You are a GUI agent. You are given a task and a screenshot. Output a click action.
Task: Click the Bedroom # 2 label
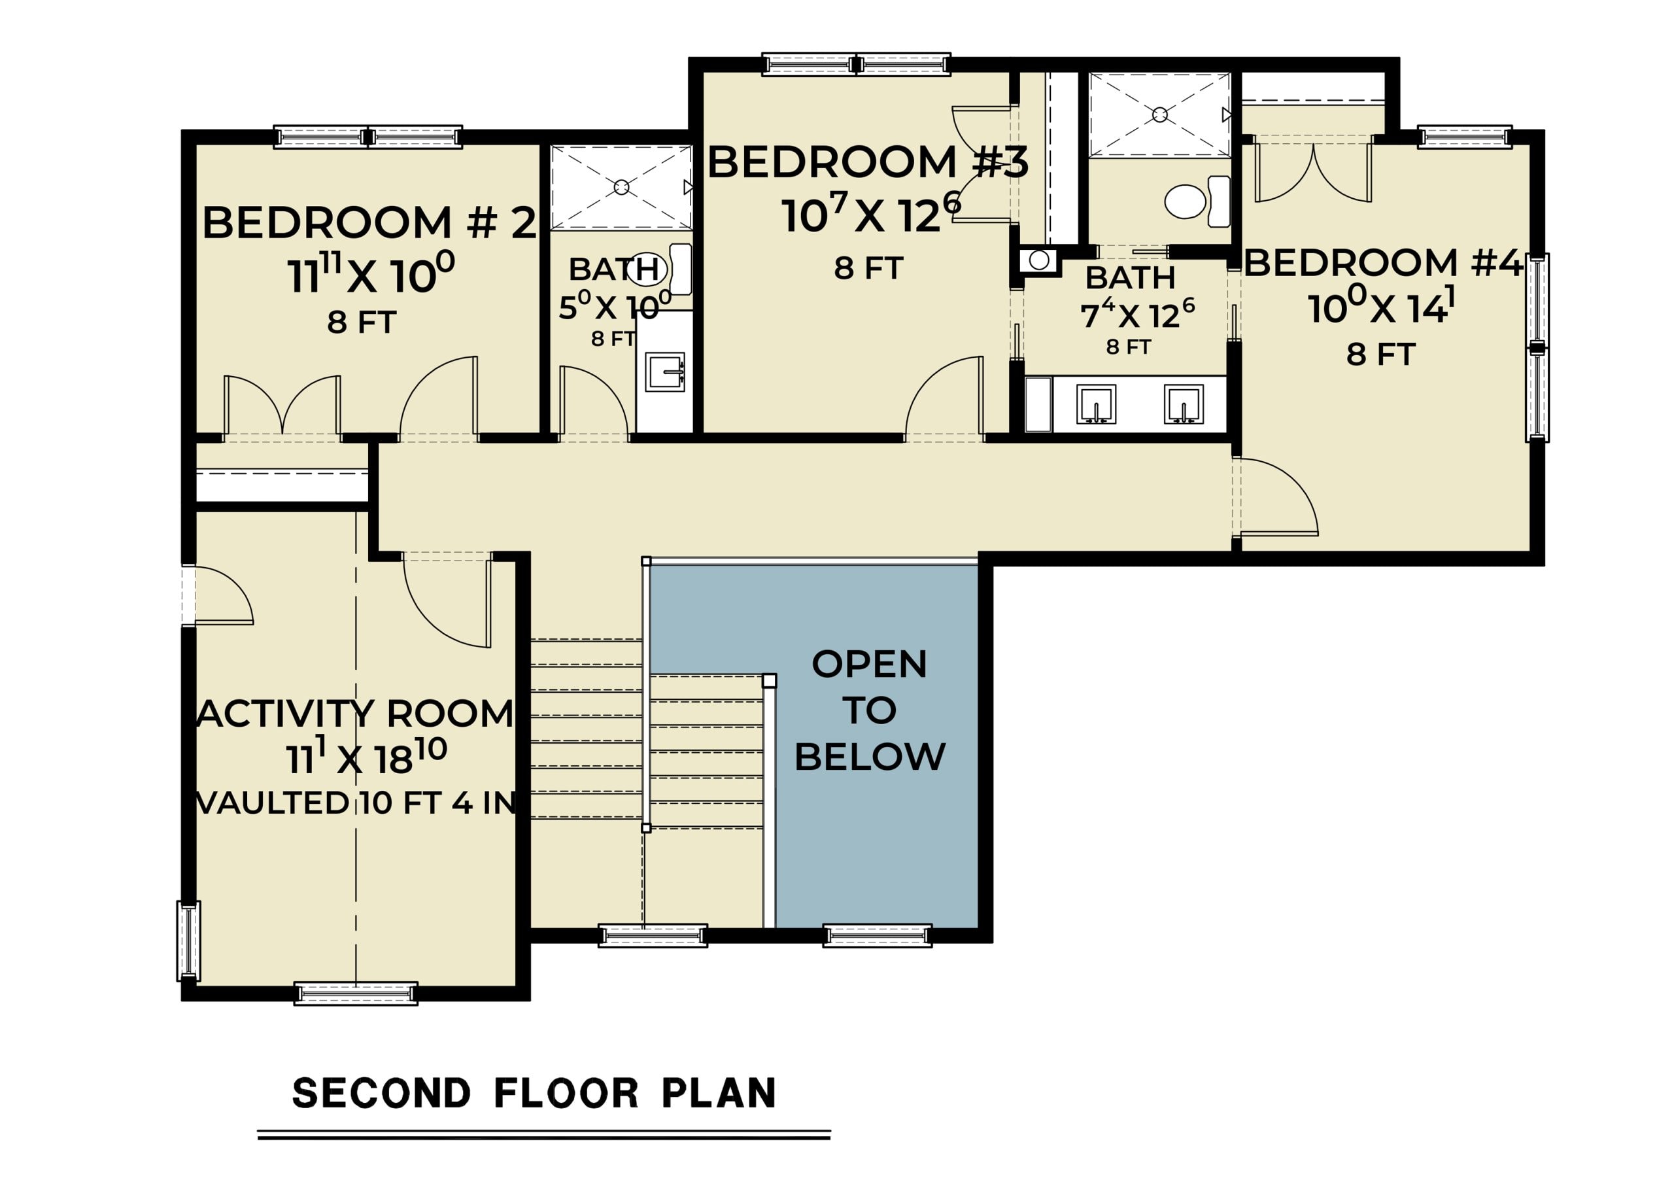(369, 222)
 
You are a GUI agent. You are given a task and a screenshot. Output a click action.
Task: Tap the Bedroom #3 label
(868, 162)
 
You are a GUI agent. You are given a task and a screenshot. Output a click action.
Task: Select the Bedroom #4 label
(1383, 262)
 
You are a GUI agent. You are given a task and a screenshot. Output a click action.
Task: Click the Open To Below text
(870, 710)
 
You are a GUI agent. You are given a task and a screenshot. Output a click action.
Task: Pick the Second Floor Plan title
(534, 1093)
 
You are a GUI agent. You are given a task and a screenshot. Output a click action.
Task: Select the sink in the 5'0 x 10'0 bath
(665, 372)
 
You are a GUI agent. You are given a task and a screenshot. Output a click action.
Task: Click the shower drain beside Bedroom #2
(621, 188)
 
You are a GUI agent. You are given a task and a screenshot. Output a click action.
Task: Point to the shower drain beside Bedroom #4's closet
(1160, 114)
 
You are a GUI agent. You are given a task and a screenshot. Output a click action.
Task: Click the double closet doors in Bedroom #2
(282, 406)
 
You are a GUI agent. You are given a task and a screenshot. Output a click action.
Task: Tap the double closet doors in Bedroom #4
(1313, 171)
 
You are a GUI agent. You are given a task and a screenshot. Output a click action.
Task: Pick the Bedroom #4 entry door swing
(1277, 496)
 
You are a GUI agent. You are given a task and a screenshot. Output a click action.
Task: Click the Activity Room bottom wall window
(356, 994)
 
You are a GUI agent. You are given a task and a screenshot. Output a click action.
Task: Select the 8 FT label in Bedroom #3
(868, 268)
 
